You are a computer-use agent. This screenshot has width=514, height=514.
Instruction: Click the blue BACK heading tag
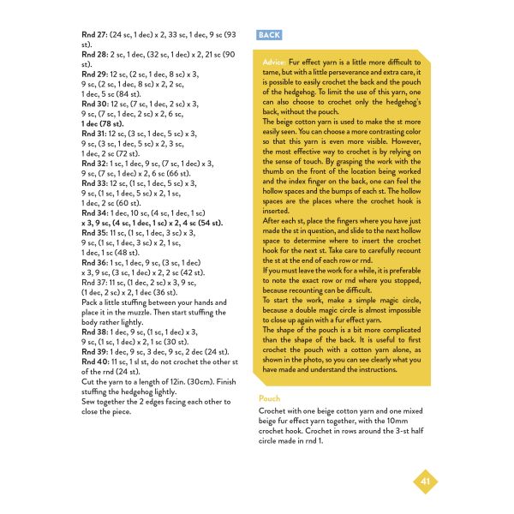[x=269, y=35]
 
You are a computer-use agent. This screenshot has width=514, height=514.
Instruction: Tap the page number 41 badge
[x=426, y=481]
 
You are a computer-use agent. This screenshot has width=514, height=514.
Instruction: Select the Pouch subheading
[x=270, y=399]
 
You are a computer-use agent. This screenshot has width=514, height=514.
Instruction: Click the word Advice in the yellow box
[x=275, y=63]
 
